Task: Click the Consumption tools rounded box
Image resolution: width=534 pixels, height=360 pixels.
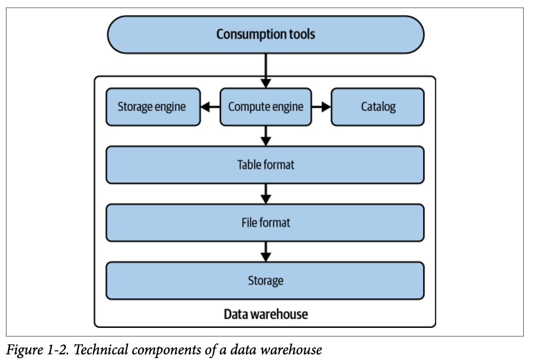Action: coord(266,34)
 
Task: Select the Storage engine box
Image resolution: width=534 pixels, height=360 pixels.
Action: coord(153,107)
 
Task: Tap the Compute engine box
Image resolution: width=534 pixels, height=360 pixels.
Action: coord(266,107)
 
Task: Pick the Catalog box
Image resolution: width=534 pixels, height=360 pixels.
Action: coord(378,107)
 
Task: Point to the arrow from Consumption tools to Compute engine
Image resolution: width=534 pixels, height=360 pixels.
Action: coord(266,70)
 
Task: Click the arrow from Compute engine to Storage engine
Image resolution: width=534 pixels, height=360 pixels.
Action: coord(211,107)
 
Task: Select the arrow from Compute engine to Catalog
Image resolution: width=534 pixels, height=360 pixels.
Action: coord(321,107)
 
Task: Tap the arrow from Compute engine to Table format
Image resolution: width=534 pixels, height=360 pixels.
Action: coord(266,136)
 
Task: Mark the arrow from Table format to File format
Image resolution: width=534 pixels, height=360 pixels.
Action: coord(266,194)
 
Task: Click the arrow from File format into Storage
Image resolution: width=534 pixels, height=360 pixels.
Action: coord(266,251)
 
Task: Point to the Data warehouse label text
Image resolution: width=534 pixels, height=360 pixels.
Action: coord(266,314)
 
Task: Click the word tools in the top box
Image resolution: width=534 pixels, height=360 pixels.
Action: coord(300,34)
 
